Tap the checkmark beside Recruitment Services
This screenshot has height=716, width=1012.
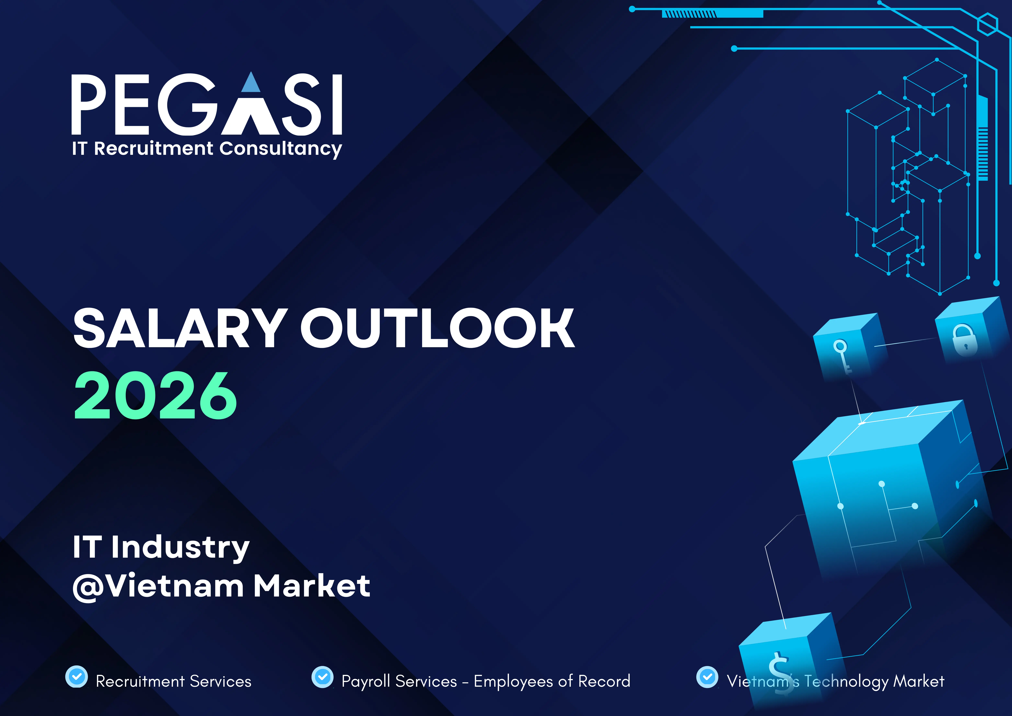[77, 676]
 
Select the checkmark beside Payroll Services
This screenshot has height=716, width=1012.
[323, 676]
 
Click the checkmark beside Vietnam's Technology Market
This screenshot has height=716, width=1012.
[707, 676]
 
